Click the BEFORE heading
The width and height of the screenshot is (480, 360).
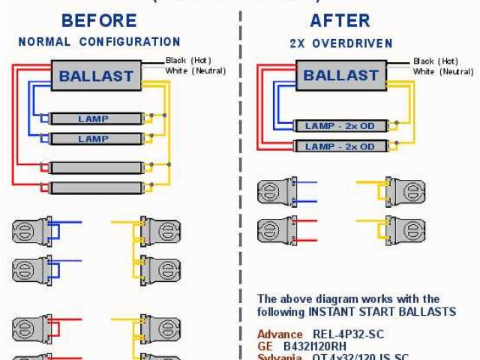(x=99, y=20)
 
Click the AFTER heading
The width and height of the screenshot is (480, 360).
(x=340, y=20)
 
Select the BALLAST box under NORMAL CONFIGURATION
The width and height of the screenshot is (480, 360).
(x=95, y=75)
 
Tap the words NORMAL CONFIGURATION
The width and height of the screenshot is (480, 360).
(x=99, y=42)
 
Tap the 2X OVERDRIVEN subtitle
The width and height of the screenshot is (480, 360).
(x=340, y=43)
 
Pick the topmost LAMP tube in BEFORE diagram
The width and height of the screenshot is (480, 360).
(x=94, y=118)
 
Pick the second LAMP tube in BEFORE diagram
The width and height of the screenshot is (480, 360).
(x=94, y=139)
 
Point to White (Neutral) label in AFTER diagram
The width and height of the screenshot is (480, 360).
(x=443, y=71)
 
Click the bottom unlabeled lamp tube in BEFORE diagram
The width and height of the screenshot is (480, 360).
(x=94, y=187)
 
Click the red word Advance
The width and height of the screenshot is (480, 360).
(x=280, y=334)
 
